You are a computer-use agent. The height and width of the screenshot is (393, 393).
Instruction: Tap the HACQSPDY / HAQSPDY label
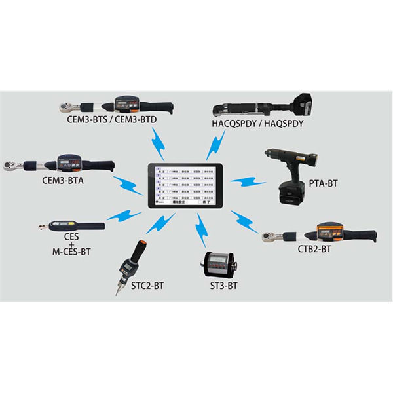(258, 122)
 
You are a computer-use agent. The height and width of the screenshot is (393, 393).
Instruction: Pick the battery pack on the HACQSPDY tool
(303, 103)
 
